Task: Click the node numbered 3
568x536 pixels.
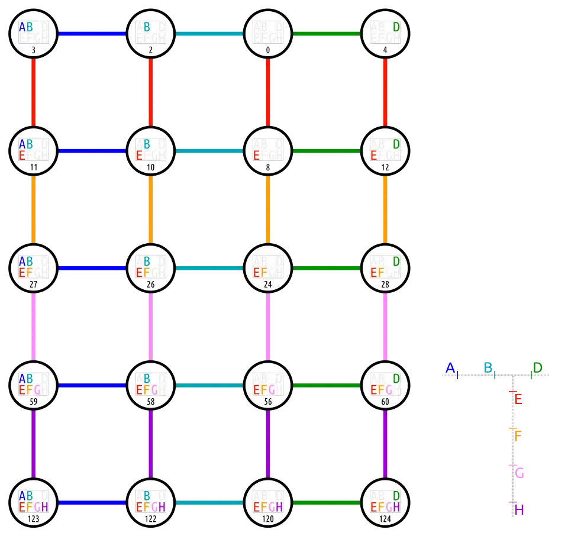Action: (33, 34)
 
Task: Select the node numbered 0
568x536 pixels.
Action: (268, 34)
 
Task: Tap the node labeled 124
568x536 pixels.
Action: (385, 503)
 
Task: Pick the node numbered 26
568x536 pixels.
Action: (151, 268)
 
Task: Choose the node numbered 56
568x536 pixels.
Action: (268, 385)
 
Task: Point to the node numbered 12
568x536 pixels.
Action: (385, 151)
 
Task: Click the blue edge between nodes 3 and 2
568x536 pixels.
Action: (92, 34)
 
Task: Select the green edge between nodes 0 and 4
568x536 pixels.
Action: (327, 34)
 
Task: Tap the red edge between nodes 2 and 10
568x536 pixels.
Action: (151, 92)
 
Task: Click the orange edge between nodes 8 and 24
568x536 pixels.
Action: (268, 209)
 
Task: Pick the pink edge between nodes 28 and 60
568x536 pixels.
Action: (385, 327)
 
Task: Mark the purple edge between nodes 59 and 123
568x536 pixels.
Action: (33, 444)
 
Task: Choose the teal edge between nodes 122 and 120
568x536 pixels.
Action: (209, 503)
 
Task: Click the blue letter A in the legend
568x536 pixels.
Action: (450, 368)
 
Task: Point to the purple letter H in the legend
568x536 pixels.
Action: (519, 509)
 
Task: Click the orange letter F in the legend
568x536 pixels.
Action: (519, 435)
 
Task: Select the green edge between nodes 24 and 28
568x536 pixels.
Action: (327, 268)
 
